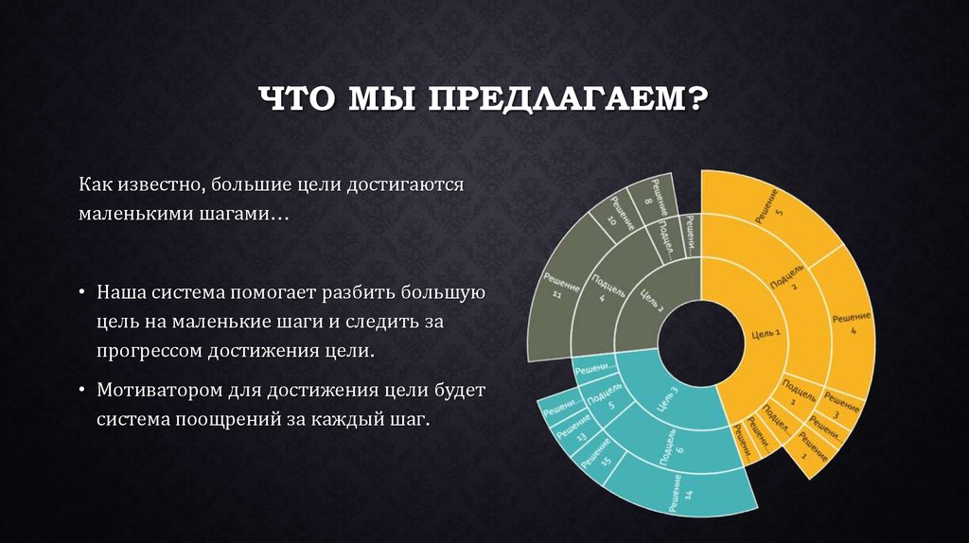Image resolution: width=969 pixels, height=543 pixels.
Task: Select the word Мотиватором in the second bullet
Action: click(150, 390)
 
